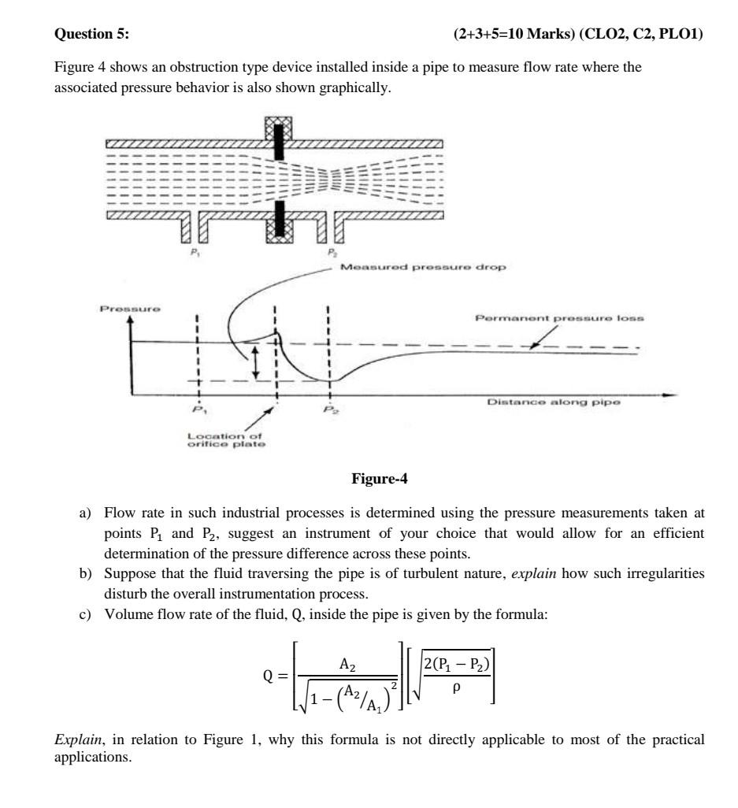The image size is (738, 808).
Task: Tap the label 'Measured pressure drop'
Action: click(424, 267)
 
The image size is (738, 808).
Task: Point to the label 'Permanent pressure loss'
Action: click(559, 318)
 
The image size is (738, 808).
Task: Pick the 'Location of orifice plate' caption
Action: click(224, 439)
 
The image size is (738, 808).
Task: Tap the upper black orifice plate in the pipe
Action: click(279, 144)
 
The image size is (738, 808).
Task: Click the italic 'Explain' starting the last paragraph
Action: click(73, 740)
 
